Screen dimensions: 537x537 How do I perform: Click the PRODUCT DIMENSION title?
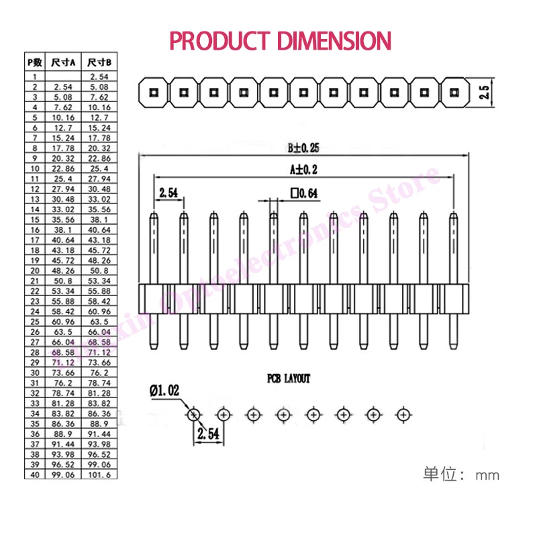tap(280, 40)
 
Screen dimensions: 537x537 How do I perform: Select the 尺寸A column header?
tap(63, 62)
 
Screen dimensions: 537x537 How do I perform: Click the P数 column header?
tap(34, 62)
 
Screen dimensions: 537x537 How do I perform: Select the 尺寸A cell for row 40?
tap(63, 475)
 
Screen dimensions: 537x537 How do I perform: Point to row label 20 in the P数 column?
tap(34, 270)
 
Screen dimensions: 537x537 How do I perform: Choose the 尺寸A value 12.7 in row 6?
tap(63, 127)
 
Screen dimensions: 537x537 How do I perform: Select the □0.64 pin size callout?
tap(304, 193)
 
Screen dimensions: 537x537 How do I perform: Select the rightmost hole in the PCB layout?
tap(403, 414)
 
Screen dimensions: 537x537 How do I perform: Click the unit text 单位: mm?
tap(460, 475)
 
